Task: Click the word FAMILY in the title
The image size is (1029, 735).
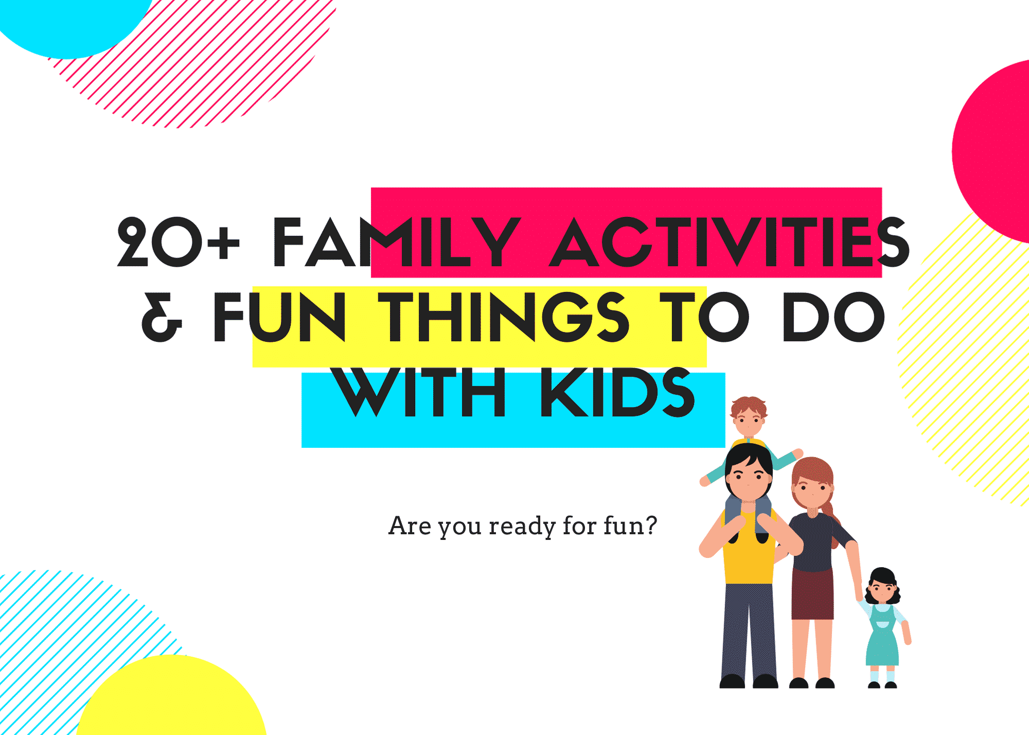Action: [396, 242]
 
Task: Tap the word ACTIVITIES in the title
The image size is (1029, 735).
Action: [728, 242]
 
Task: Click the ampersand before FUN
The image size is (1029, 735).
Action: [162, 317]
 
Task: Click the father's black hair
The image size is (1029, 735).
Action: [749, 456]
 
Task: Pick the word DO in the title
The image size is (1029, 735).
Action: [833, 317]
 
